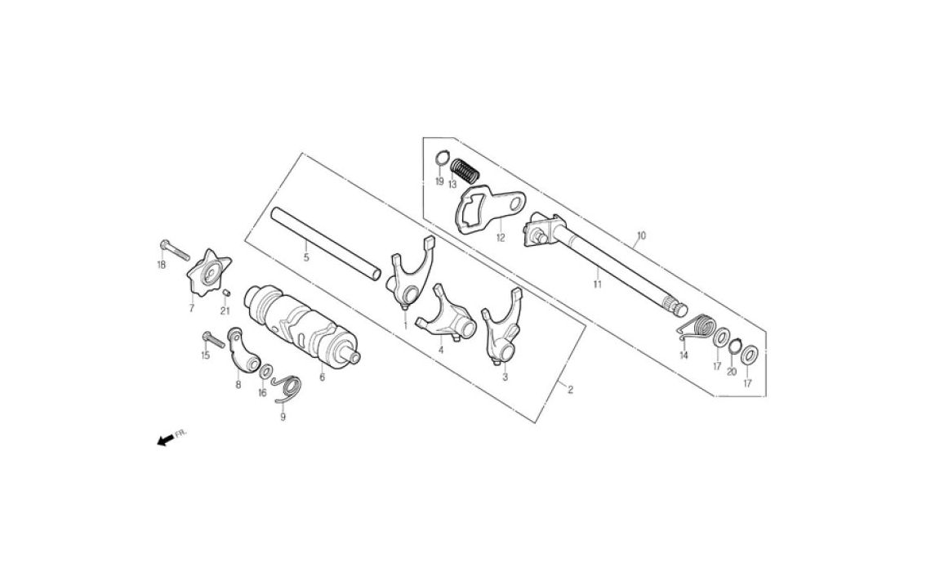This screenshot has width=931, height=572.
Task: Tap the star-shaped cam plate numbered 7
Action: [208, 273]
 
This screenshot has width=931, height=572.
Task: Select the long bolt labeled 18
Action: [175, 250]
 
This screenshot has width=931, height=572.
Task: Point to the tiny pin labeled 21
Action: [225, 292]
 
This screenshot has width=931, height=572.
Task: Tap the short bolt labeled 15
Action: [213, 339]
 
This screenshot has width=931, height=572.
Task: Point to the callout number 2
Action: [571, 390]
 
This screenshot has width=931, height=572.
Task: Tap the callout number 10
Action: [640, 236]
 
